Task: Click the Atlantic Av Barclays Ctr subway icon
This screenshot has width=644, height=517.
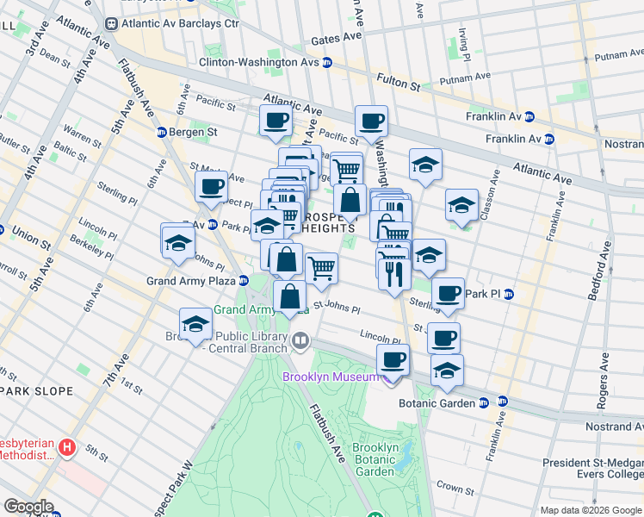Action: tap(109, 24)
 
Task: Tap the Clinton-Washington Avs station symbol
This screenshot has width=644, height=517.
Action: tap(327, 63)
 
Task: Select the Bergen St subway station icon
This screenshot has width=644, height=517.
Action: tap(161, 132)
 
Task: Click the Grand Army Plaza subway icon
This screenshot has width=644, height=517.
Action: tap(245, 280)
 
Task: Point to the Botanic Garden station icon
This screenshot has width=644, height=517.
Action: tap(484, 402)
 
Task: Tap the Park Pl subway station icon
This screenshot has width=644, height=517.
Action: tap(508, 294)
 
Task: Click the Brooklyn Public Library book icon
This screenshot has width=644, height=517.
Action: tap(300, 340)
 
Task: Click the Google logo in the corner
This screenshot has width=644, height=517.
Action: tap(28, 506)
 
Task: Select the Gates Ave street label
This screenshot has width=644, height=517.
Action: tap(336, 39)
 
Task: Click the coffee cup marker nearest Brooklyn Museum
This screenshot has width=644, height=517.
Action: tap(393, 359)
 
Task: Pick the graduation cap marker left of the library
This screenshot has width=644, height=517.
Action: tap(196, 324)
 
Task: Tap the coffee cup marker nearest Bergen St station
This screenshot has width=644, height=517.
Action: tap(211, 185)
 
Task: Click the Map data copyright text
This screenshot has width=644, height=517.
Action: tap(591, 510)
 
